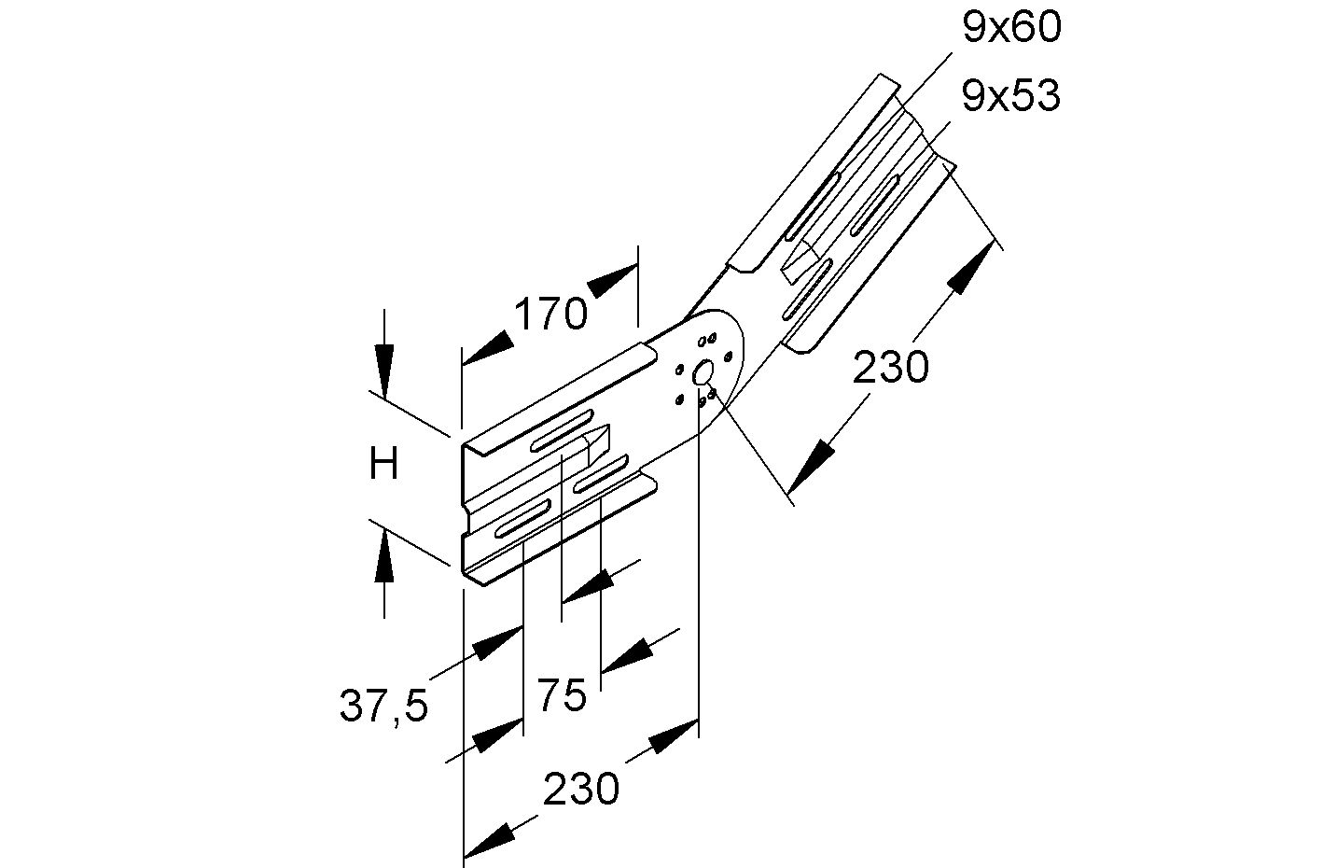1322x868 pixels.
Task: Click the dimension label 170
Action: [550, 315]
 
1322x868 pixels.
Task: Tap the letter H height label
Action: [383, 464]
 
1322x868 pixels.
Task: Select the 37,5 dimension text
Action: [383, 707]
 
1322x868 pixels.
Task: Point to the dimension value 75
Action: [562, 695]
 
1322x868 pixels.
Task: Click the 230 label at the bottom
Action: [581, 790]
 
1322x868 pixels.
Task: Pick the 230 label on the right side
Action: [892, 368]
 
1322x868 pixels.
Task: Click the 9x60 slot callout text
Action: [1011, 28]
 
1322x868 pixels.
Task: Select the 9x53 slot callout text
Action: [1011, 96]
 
